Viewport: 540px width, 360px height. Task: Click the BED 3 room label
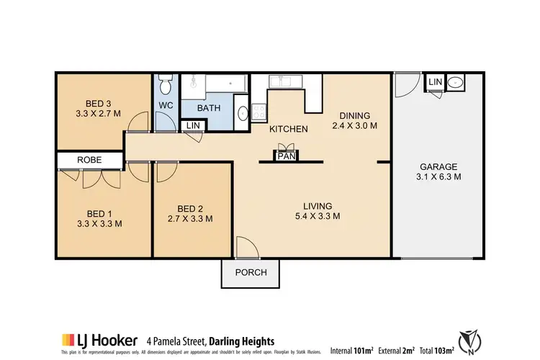pyautogui.click(x=94, y=102)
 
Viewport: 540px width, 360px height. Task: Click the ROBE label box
pyautogui.click(x=90, y=160)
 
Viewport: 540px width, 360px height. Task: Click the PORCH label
pyautogui.click(x=251, y=272)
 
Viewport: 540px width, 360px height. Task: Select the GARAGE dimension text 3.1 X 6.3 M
pyautogui.click(x=438, y=176)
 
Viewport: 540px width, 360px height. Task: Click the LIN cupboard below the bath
pyautogui.click(x=193, y=126)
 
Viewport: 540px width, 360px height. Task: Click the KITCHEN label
pyautogui.click(x=289, y=130)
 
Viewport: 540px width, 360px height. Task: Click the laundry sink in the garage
pyautogui.click(x=456, y=84)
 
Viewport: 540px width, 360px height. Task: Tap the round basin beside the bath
pyautogui.click(x=243, y=113)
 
